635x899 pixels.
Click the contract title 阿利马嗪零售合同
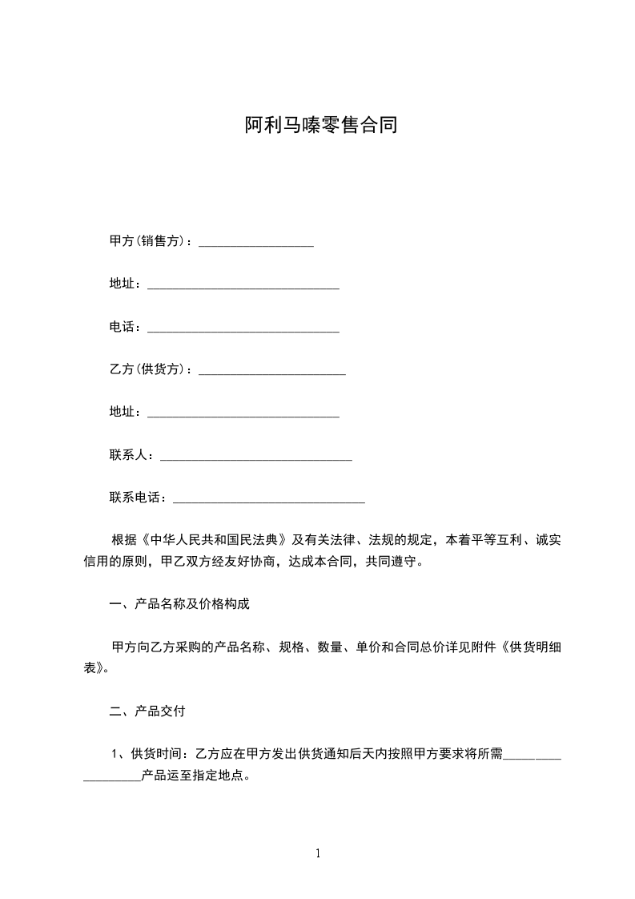click(320, 126)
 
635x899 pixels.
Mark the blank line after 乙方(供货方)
click(271, 372)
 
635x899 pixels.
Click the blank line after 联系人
click(256, 458)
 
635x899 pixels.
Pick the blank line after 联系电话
click(269, 500)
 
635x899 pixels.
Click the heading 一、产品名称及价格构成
click(179, 604)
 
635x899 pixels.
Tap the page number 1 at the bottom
click(318, 853)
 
